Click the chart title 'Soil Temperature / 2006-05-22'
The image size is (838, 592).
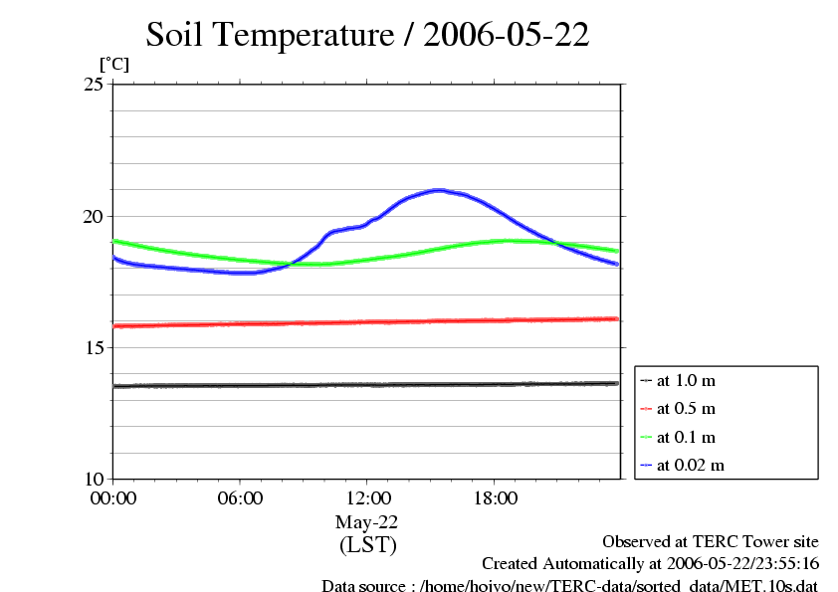click(x=367, y=36)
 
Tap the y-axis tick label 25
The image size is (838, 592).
click(x=94, y=85)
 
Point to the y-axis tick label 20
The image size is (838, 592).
click(x=94, y=216)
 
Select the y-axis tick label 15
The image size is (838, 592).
click(x=94, y=347)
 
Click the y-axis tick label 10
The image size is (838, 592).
click(x=94, y=479)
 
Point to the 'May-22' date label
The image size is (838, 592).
click(x=367, y=522)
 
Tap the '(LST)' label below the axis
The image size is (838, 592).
click(x=367, y=545)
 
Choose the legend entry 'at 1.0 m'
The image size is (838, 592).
click(x=686, y=380)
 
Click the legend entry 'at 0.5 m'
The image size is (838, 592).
click(x=686, y=408)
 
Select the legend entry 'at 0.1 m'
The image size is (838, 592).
click(x=686, y=437)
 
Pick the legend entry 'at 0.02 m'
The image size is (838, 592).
click(x=690, y=465)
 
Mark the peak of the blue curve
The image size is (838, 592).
click(x=438, y=189)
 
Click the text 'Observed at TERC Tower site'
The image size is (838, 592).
click(x=710, y=542)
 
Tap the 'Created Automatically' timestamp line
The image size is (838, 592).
click(x=650, y=564)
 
